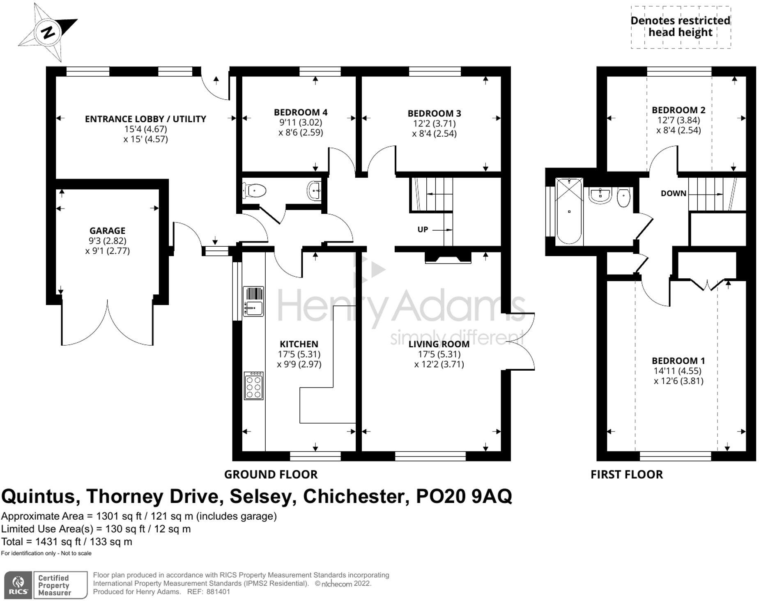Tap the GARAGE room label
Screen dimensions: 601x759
[x=107, y=231]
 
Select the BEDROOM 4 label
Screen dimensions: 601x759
[x=301, y=112]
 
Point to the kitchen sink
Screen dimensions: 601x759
[x=253, y=301]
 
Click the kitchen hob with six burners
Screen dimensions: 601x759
[x=253, y=385]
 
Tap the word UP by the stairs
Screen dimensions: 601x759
[x=423, y=229]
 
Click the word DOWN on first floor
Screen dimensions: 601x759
[x=673, y=193]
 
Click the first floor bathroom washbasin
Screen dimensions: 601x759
[x=600, y=195]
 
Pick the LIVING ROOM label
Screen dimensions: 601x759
[x=439, y=344]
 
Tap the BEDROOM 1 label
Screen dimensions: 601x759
[x=678, y=361]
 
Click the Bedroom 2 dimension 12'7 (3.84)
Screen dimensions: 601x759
[x=678, y=120]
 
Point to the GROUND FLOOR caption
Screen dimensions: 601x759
[x=271, y=475]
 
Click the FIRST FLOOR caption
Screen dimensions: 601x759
[x=626, y=475]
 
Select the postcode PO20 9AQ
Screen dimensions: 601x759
[x=464, y=496]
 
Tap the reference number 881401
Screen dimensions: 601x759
[x=218, y=592]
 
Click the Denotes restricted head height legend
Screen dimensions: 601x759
[x=680, y=27]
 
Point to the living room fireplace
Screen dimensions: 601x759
[x=448, y=257]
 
